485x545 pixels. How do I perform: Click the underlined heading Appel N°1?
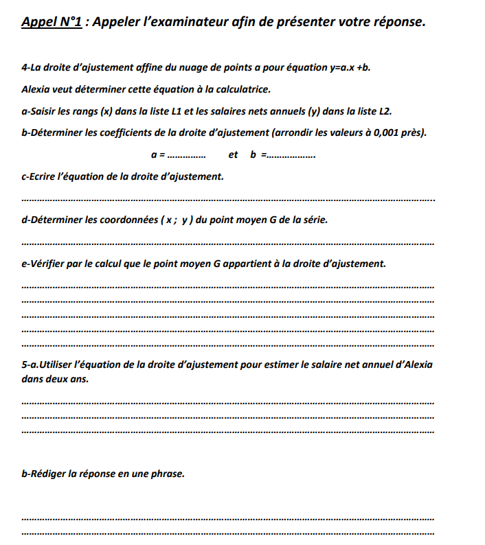click(x=52, y=22)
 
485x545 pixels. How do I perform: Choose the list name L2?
click(x=384, y=111)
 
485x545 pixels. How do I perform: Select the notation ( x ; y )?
click(x=176, y=221)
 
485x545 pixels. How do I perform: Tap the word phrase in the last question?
click(x=169, y=474)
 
